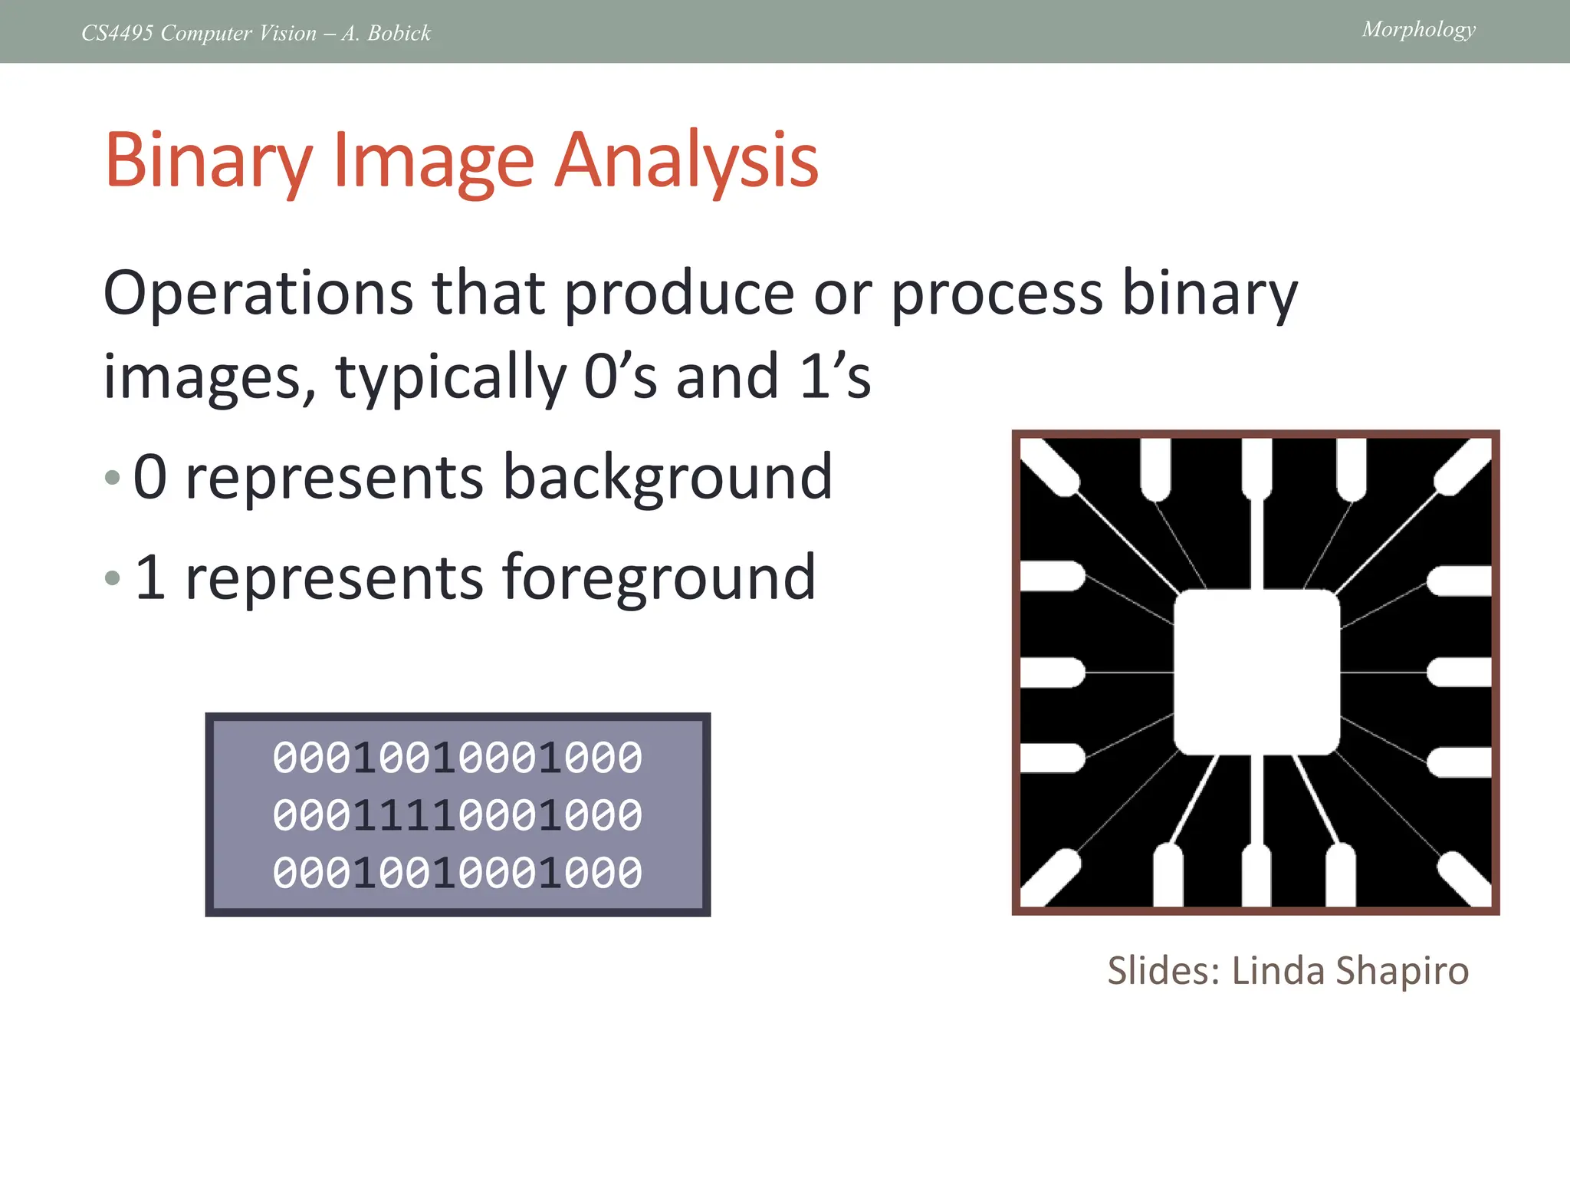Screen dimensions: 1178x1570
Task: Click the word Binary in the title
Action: click(x=209, y=161)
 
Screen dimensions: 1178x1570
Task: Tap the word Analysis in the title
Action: click(x=686, y=161)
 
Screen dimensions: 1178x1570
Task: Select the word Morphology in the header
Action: click(x=1418, y=30)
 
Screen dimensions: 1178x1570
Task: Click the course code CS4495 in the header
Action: click(x=117, y=33)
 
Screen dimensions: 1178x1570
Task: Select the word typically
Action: click(x=450, y=377)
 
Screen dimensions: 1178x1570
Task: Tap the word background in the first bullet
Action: click(x=667, y=477)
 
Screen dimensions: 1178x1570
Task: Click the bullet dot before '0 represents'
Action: click(x=113, y=478)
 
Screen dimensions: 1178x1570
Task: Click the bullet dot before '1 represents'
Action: click(x=113, y=577)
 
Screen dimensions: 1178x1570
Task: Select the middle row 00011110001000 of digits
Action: click(x=458, y=815)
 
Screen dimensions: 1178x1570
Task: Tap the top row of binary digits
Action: click(x=458, y=758)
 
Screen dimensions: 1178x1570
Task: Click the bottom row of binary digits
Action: click(x=458, y=873)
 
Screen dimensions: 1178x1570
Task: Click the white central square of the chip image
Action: click(x=1256, y=672)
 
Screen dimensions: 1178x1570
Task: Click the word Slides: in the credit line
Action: click(x=1163, y=971)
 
